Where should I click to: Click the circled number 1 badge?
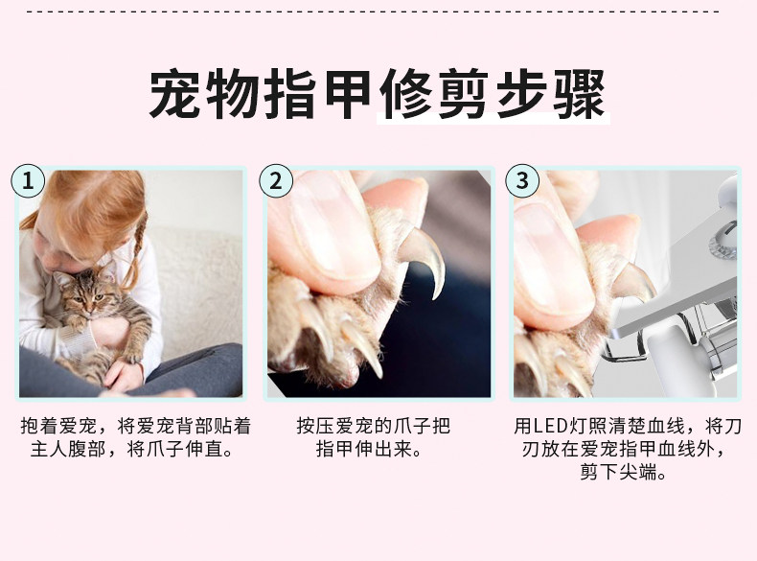[28, 180]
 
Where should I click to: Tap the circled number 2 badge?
[276, 180]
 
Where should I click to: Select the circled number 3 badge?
[522, 180]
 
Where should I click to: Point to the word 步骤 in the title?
[550, 94]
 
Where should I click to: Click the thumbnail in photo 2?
[333, 227]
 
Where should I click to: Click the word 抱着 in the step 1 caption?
[39, 426]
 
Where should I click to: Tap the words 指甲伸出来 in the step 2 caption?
[364, 450]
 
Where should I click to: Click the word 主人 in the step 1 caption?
[49, 450]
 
